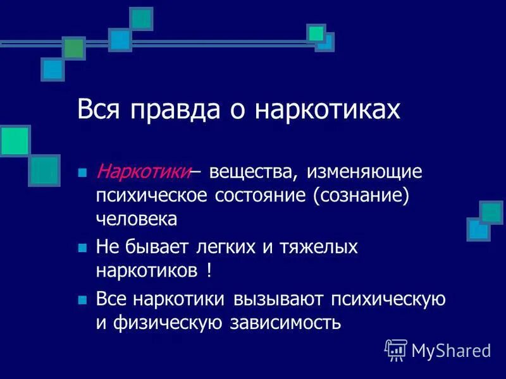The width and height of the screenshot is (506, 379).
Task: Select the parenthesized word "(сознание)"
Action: coord(359,195)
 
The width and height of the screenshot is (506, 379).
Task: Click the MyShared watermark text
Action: coord(451,350)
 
